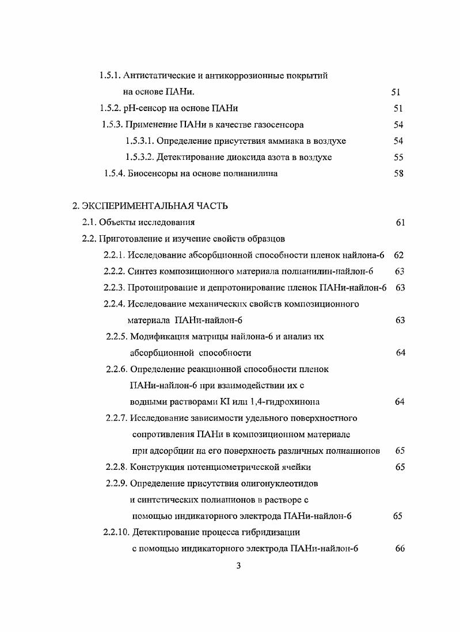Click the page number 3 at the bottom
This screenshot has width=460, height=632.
[238, 566]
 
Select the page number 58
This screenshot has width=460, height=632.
[398, 174]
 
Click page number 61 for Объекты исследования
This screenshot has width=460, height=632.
[401, 222]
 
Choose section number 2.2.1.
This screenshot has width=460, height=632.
[114, 254]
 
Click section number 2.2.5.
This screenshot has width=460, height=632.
[117, 336]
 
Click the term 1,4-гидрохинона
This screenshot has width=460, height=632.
[285, 401]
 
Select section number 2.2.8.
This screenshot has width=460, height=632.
[117, 467]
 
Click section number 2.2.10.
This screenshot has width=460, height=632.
[115, 533]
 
